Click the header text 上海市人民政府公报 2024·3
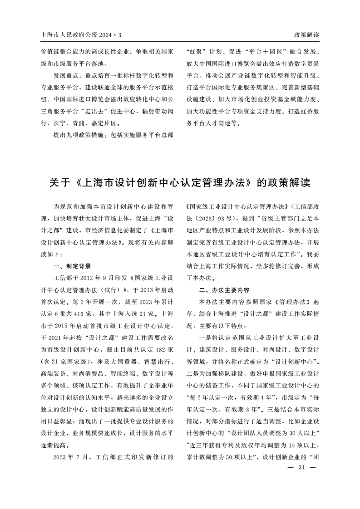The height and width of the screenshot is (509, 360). tap(81, 35)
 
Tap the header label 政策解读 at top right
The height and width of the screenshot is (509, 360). tap(306, 35)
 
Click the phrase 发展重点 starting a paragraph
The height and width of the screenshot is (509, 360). tap(65, 75)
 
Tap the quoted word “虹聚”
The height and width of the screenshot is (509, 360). tap(197, 52)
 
